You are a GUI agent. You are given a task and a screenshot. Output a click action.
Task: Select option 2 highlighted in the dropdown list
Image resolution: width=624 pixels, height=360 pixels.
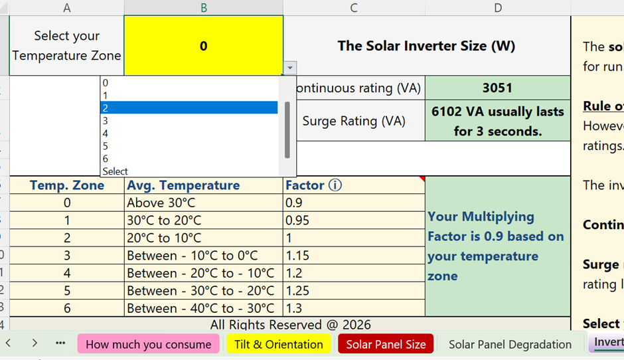[189, 108]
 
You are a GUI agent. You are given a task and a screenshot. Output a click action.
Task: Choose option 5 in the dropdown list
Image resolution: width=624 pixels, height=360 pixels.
[189, 146]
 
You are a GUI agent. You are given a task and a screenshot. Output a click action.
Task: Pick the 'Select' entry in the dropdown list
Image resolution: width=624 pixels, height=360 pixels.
[189, 171]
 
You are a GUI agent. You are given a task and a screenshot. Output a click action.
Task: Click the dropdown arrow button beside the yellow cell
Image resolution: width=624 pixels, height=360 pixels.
[289, 68]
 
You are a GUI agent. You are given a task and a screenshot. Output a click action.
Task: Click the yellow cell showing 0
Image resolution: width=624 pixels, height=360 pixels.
[203, 46]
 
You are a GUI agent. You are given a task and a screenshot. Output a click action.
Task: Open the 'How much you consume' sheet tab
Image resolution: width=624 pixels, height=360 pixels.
[148, 344]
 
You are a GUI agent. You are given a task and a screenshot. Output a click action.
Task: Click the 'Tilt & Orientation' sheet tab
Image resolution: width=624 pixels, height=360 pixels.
[278, 344]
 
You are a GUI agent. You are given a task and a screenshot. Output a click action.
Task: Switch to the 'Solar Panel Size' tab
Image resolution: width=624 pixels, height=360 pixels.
[386, 344]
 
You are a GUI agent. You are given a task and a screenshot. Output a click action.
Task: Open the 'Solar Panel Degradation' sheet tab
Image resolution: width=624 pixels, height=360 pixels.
[510, 344]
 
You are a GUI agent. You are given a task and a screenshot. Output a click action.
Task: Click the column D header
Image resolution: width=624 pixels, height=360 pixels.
[498, 7]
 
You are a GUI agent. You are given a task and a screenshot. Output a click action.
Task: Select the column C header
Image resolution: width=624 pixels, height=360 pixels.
[354, 7]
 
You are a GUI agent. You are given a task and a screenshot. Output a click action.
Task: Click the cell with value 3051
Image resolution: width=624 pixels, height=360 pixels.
[497, 88]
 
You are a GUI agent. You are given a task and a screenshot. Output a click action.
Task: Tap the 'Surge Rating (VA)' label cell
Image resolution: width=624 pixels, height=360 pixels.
[354, 121]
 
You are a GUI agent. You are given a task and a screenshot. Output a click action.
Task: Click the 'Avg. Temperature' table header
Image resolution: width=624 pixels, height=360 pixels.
[183, 185]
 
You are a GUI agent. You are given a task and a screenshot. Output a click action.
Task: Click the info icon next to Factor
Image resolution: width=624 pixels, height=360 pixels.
[335, 185]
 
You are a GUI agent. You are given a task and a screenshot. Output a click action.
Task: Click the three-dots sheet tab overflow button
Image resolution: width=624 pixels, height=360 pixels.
[60, 343]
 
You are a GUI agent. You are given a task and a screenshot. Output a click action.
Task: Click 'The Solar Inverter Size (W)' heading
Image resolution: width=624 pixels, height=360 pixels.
[426, 46]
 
